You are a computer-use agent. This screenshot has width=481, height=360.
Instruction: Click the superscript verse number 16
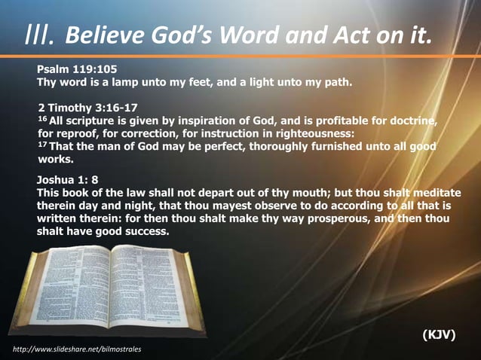(42, 119)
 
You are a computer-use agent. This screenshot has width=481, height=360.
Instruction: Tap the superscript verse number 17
(42, 145)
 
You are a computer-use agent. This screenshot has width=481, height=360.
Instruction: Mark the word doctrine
(412, 121)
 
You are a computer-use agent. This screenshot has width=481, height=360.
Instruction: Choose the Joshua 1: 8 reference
(68, 180)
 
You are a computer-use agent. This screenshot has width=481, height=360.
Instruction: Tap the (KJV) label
(439, 334)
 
